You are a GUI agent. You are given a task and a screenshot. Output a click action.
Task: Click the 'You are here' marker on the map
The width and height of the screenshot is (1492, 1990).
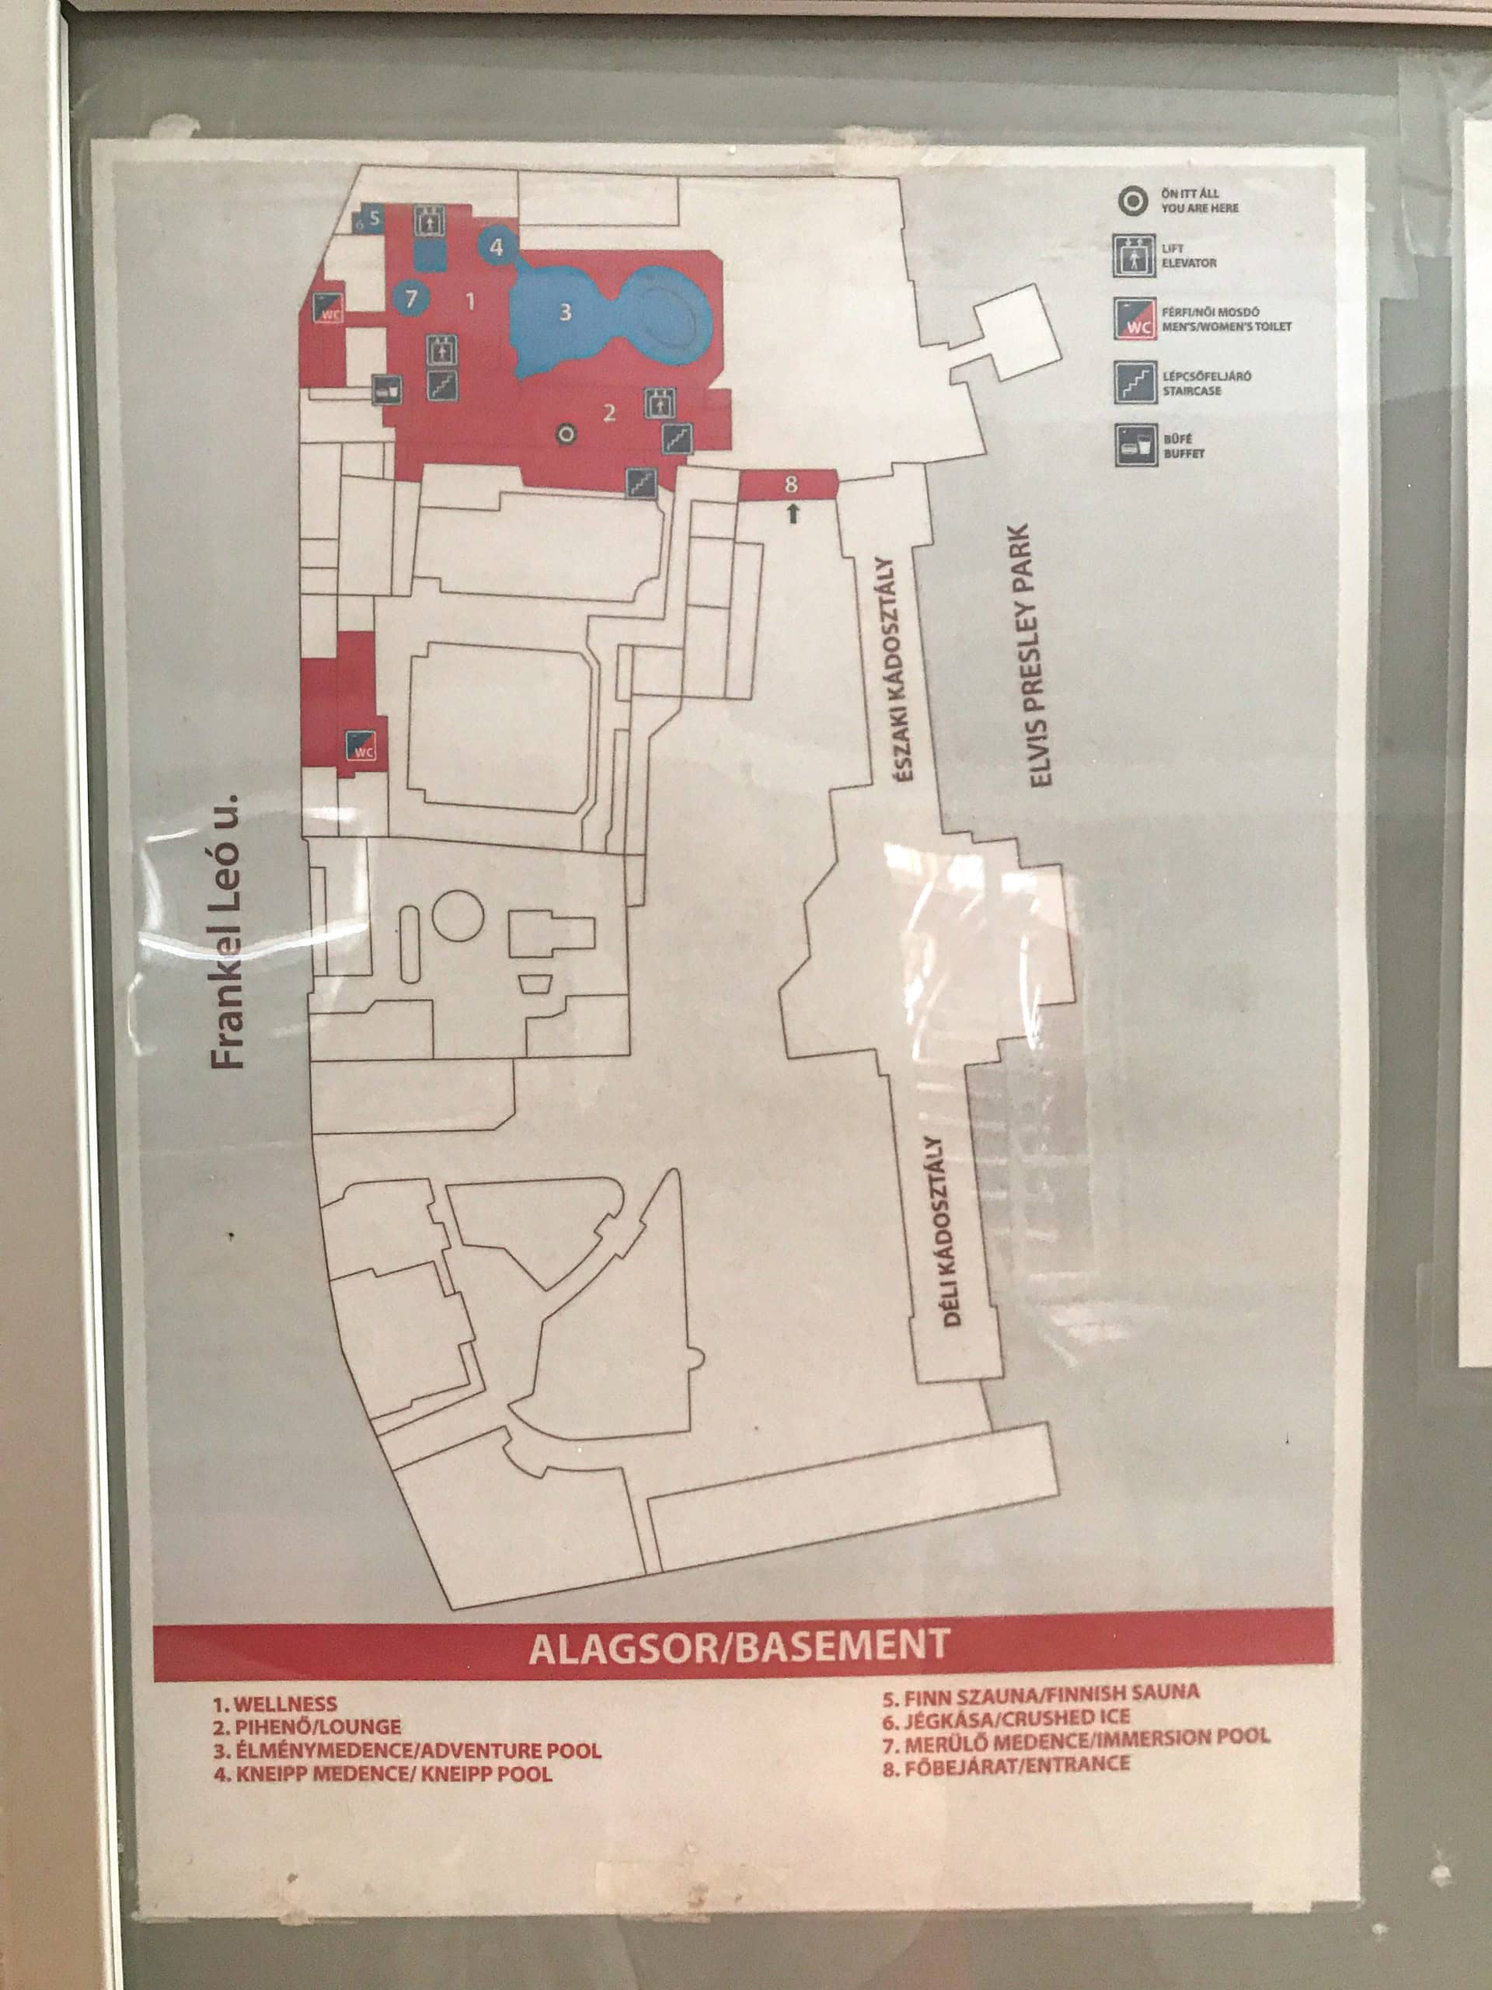(566, 435)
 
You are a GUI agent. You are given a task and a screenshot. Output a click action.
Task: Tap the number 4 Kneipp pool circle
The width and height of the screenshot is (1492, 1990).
(497, 245)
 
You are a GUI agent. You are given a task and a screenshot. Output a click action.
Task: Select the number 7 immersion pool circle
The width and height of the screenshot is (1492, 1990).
(411, 297)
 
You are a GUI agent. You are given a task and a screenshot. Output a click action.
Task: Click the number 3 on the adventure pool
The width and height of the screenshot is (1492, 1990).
(565, 312)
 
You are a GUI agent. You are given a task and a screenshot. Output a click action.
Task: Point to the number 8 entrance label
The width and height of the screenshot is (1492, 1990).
(790, 484)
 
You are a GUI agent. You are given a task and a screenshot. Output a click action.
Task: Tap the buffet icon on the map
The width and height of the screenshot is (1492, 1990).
(388, 389)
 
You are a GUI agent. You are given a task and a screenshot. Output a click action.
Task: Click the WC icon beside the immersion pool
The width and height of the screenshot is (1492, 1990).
(328, 309)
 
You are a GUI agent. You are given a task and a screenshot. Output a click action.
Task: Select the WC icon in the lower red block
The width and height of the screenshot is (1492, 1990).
(362, 745)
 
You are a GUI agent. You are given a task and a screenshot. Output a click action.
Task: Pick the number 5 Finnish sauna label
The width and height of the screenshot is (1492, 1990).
(374, 216)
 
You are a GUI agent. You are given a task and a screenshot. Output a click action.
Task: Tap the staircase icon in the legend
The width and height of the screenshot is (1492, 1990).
(1134, 382)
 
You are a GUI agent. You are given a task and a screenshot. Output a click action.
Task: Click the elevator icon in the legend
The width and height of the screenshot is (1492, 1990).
(1134, 256)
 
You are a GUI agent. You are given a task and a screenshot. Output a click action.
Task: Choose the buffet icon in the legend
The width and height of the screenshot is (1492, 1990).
(1134, 445)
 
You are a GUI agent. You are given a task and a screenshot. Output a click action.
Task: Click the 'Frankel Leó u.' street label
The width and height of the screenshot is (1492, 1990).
(229, 931)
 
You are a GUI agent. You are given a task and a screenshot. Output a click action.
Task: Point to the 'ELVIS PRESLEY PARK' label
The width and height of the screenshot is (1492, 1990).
(1041, 656)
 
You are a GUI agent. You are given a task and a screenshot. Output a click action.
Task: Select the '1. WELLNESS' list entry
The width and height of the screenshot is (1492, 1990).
(274, 1704)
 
